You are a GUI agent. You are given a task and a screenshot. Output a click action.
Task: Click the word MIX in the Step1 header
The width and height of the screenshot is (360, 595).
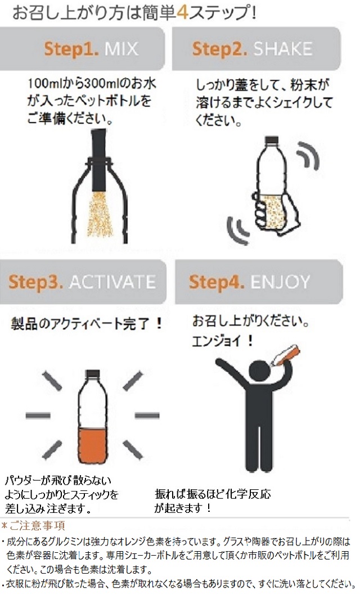pyautogui.click(x=121, y=49)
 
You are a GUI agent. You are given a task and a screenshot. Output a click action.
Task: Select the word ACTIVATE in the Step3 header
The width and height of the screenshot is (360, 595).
pyautogui.click(x=112, y=282)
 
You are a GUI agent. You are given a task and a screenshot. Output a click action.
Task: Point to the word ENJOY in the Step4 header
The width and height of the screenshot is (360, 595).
pyautogui.click(x=280, y=282)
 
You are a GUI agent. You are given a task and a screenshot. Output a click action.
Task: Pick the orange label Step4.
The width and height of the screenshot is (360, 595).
pyautogui.click(x=216, y=282)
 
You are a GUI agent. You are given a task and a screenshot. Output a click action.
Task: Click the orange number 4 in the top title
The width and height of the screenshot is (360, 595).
pyautogui.click(x=183, y=12)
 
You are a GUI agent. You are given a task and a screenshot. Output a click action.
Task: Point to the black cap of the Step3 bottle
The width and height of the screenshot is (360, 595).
pyautogui.click(x=93, y=374)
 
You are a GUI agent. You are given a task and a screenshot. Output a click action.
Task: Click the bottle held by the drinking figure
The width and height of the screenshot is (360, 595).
pyautogui.click(x=286, y=355)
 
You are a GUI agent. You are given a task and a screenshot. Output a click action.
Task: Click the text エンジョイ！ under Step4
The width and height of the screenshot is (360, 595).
pyautogui.click(x=223, y=341)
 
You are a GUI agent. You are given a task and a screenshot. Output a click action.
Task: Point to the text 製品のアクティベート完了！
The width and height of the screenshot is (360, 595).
pyautogui.click(x=87, y=324)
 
